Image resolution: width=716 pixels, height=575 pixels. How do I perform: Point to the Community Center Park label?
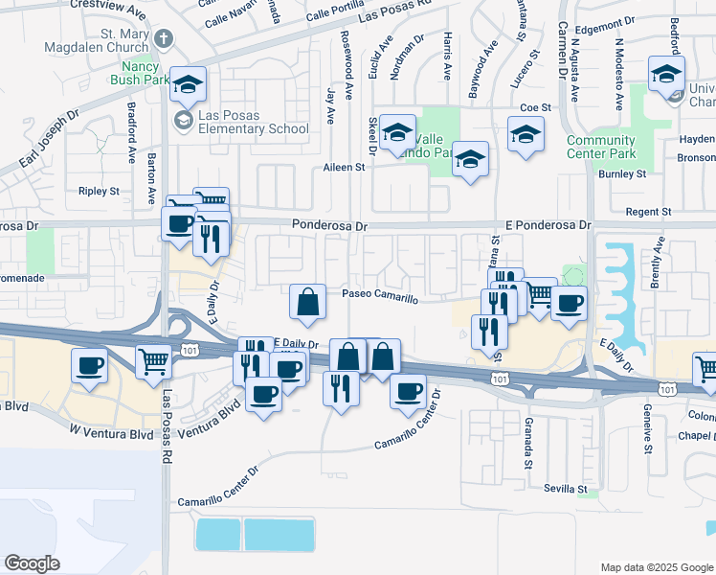click(x=600, y=147)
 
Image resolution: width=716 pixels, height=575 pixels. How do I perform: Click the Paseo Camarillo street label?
click(x=381, y=298)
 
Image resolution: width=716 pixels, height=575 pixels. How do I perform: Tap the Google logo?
click(x=31, y=563)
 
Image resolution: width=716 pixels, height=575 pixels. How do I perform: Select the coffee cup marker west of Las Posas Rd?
click(x=91, y=365)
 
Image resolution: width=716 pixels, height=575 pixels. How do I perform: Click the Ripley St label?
click(x=99, y=191)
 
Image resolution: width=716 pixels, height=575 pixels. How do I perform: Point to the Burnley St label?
click(x=621, y=174)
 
